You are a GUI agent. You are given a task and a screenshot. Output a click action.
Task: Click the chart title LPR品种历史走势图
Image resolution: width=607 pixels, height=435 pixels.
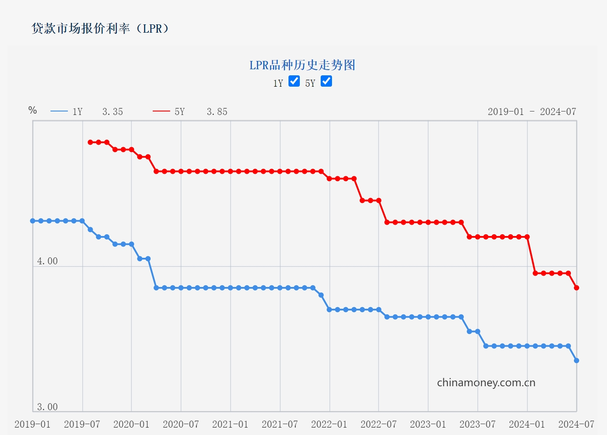point(302,65)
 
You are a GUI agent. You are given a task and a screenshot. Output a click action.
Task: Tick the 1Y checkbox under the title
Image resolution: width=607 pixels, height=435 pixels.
point(294,81)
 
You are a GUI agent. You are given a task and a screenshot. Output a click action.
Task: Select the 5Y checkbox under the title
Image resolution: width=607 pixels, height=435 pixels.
point(326,81)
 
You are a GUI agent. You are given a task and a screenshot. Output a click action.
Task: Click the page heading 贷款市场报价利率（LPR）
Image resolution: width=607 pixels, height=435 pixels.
point(100,29)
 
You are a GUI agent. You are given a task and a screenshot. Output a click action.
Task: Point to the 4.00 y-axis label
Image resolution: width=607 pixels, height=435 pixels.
point(47,261)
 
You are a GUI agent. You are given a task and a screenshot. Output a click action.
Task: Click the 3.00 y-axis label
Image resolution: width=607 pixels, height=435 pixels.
point(47,407)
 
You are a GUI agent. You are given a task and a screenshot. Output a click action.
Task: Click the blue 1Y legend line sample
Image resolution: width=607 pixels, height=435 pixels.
point(59,111)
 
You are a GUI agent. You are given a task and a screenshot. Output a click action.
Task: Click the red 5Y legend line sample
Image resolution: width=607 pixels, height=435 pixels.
point(161,111)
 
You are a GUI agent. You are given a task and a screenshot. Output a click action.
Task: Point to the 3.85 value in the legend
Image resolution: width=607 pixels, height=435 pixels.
point(217,112)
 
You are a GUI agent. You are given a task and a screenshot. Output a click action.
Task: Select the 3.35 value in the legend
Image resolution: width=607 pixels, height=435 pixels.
point(113,112)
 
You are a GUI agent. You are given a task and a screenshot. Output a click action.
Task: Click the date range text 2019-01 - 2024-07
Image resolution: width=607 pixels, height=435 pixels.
point(532,112)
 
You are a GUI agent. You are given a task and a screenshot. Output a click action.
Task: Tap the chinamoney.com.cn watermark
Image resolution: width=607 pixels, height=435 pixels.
point(486,383)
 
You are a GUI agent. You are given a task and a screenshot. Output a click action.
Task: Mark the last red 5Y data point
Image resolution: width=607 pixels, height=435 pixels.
point(577,288)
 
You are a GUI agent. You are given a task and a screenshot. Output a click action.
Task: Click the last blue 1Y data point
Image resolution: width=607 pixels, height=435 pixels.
point(577,361)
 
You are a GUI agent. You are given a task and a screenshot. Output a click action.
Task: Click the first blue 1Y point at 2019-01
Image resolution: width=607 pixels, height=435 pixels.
point(33,221)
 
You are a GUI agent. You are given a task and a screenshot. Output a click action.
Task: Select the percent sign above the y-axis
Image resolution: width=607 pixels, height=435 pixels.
point(33,110)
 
